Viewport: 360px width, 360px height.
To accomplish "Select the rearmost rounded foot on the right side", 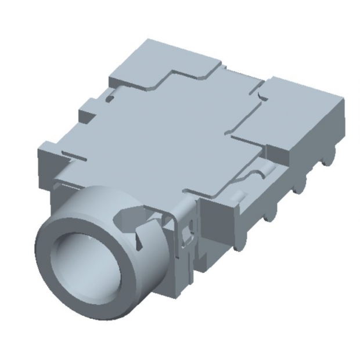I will (x=330, y=158).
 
